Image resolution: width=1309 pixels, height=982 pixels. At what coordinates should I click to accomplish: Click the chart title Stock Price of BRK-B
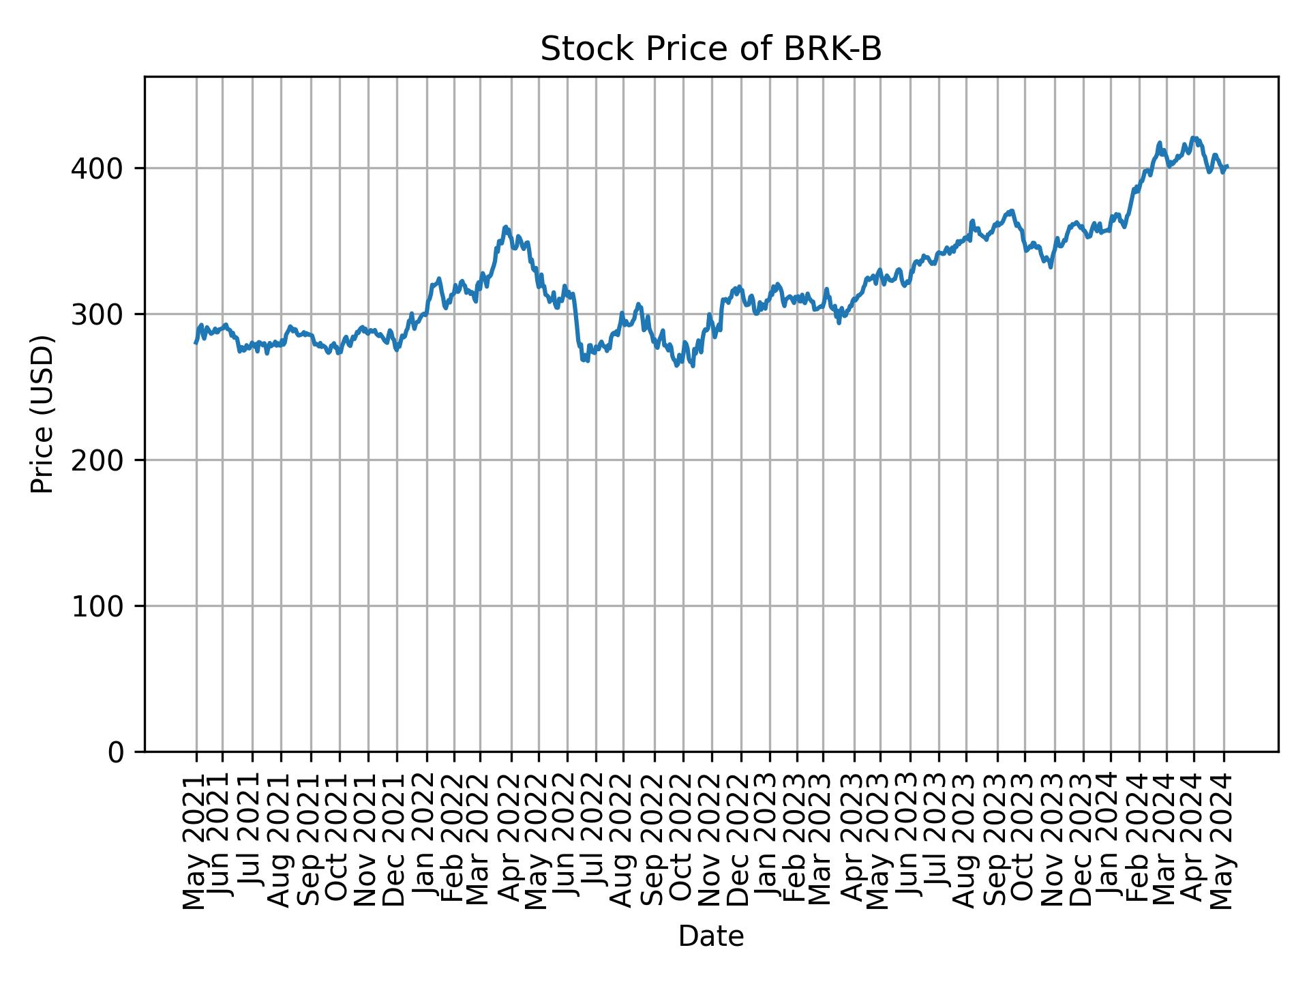coord(710,50)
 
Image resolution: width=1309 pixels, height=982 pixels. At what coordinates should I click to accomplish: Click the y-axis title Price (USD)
coord(42,414)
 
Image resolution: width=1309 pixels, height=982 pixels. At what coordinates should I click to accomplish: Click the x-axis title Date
coord(710,936)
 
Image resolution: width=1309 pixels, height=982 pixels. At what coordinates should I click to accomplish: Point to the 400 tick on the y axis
coord(102,168)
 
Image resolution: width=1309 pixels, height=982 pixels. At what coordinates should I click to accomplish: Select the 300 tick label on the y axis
coord(102,314)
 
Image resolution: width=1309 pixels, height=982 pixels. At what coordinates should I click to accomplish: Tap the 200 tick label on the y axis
coord(102,460)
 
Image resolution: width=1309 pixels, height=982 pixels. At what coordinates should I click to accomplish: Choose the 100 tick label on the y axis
coord(102,606)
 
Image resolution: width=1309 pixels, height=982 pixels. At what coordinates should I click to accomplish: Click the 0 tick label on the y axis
coord(116,752)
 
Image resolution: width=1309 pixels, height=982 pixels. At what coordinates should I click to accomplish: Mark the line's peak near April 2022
coord(505,227)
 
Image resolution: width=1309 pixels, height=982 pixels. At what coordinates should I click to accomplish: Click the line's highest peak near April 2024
coord(1193,138)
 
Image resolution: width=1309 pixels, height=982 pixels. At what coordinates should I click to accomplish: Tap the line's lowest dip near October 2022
coord(693,366)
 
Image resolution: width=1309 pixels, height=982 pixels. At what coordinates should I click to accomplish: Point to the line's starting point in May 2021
coord(196,342)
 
